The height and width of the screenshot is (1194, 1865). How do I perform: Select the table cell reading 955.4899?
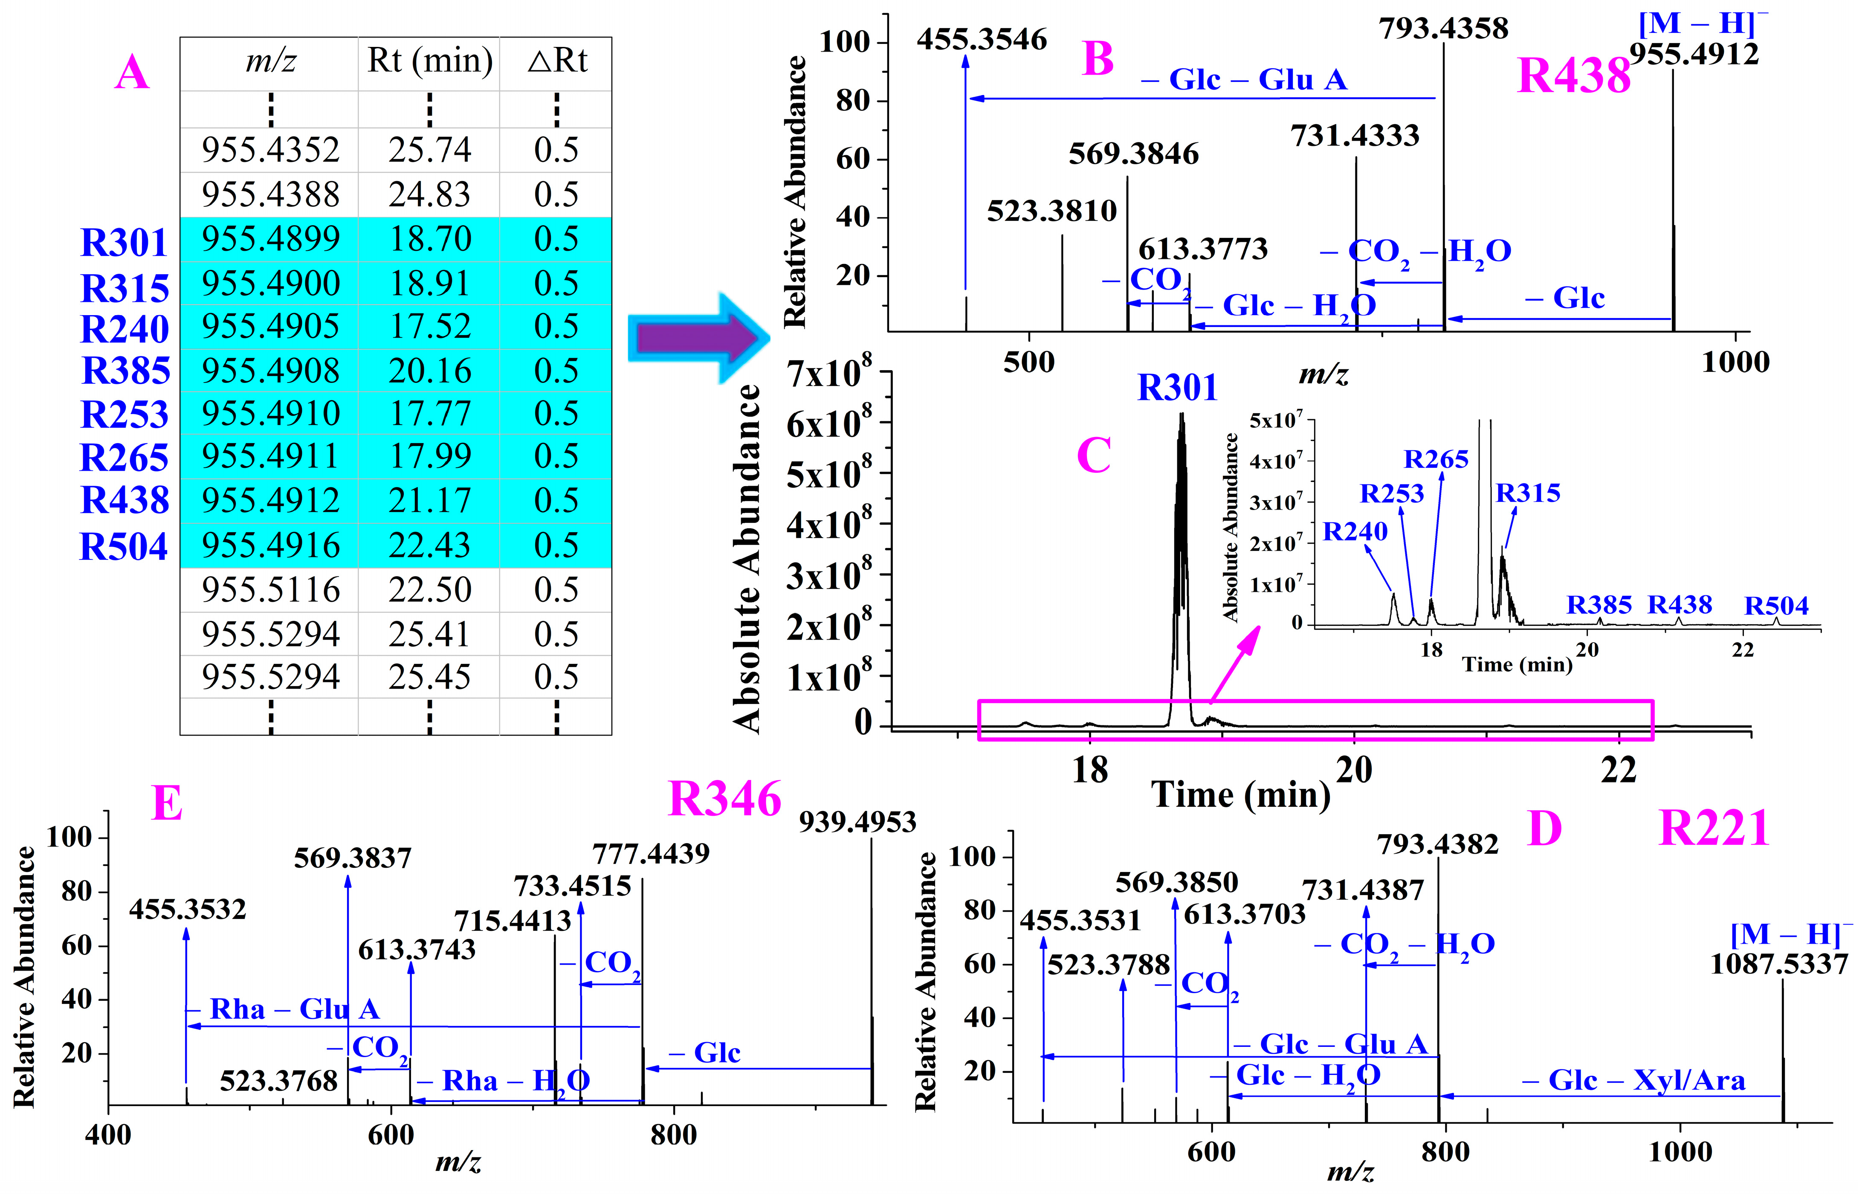[270, 239]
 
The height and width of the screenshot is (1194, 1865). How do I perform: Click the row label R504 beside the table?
[124, 547]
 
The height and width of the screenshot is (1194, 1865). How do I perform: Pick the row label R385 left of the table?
[126, 371]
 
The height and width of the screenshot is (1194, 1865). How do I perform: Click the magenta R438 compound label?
[1573, 76]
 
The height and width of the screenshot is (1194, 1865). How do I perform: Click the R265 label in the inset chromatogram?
[1436, 460]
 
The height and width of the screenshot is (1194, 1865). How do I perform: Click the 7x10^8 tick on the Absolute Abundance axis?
[828, 373]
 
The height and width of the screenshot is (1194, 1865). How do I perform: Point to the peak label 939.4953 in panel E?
[857, 822]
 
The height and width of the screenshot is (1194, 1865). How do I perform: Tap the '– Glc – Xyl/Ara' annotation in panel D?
[1633, 1080]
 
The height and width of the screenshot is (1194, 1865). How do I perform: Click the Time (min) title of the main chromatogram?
[1240, 795]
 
